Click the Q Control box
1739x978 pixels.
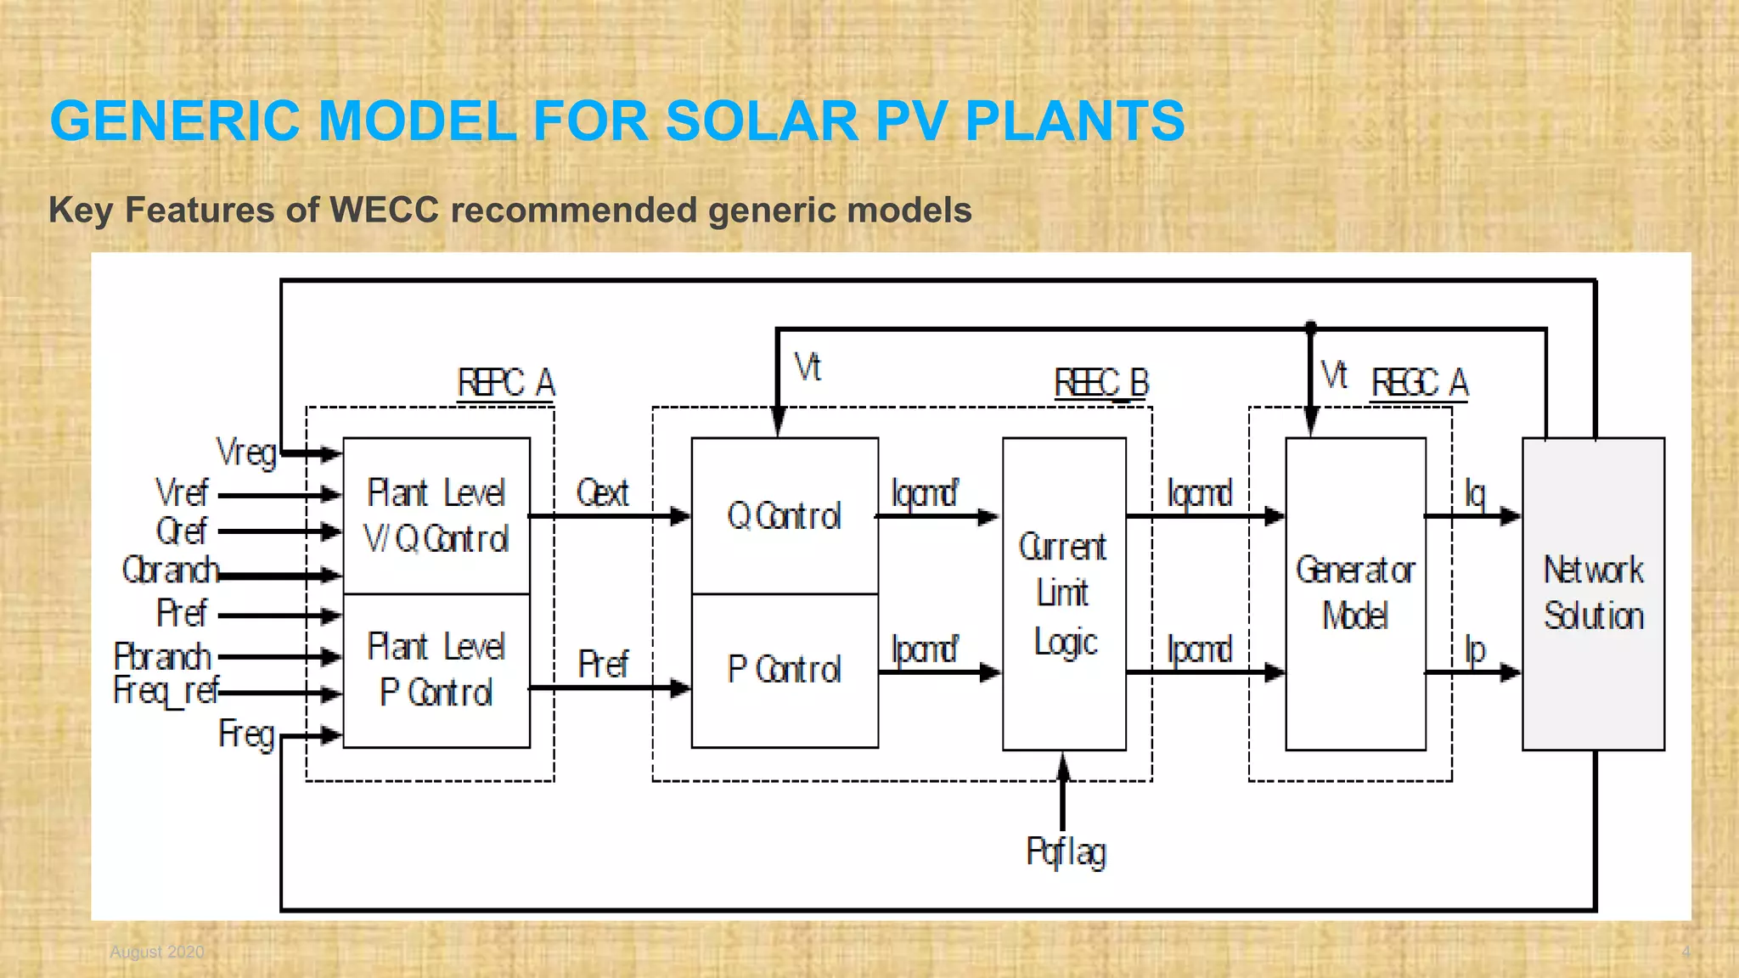coord(785,515)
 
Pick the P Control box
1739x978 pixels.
coord(785,670)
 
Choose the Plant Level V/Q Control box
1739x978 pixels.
coord(436,515)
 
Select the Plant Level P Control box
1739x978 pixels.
coord(436,670)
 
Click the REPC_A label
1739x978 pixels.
coord(506,383)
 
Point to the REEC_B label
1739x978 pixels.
coord(1101,383)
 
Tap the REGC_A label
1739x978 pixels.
coord(1420,383)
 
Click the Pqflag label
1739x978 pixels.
coord(1066,852)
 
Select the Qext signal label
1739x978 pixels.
coord(602,492)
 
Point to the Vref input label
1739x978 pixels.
coord(182,492)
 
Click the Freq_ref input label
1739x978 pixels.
coord(166,691)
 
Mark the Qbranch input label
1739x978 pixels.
coord(171,570)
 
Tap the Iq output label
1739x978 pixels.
coord(1475,493)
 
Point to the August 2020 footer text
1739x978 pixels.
coord(157,952)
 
